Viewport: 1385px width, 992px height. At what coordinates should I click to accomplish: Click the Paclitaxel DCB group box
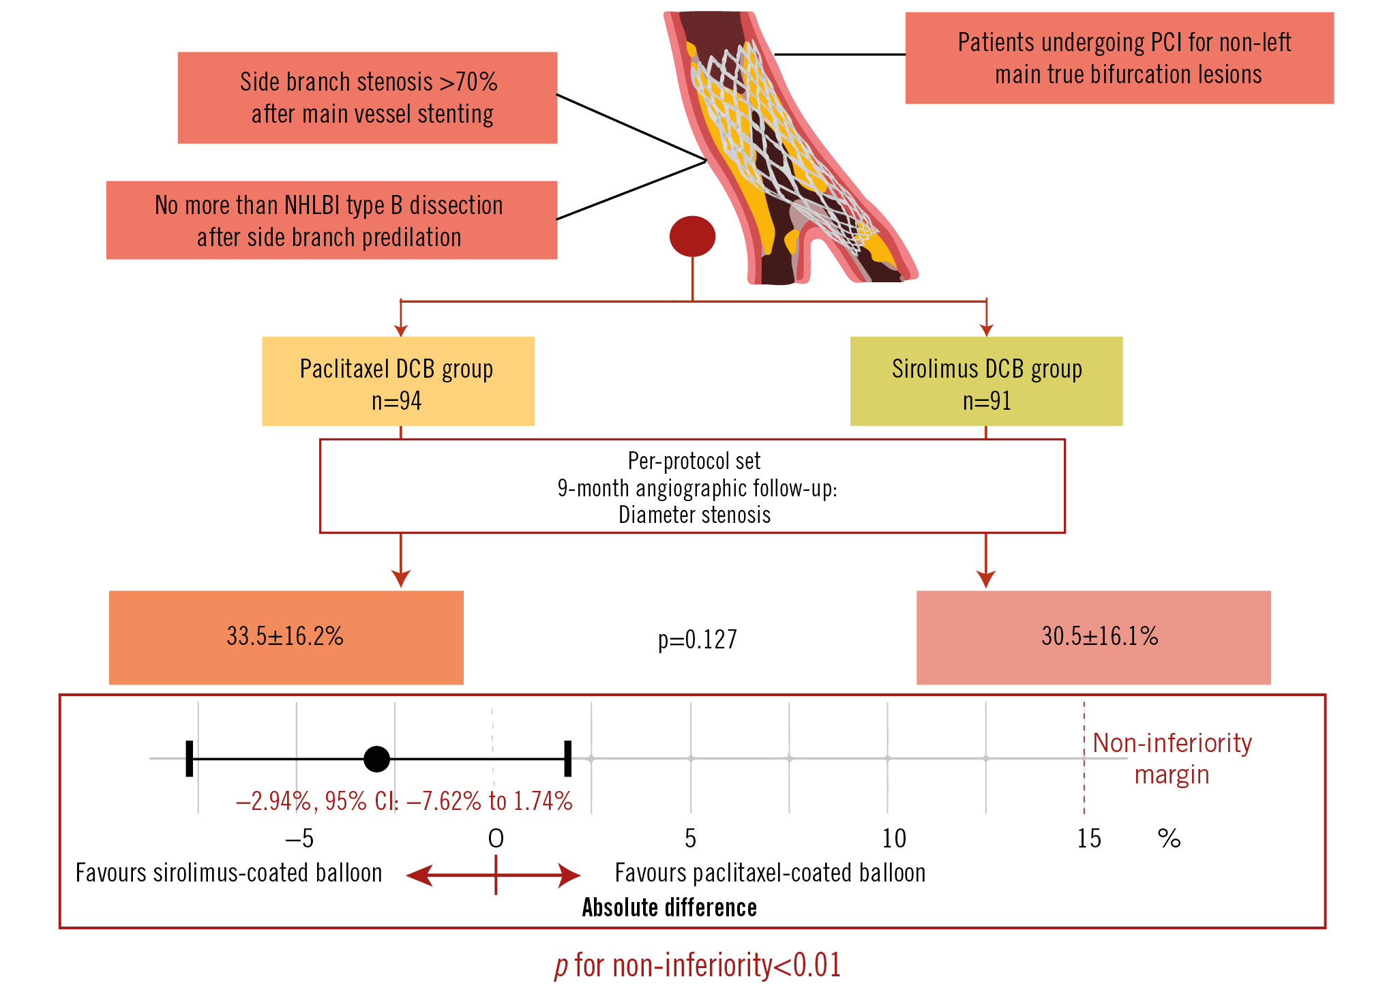point(398,381)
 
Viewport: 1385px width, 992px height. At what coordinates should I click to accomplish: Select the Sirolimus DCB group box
point(986,381)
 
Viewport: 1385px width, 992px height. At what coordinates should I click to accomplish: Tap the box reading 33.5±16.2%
point(286,637)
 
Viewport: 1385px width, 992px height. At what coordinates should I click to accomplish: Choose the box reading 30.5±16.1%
point(1093,637)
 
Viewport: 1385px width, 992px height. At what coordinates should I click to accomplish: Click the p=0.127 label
point(697,640)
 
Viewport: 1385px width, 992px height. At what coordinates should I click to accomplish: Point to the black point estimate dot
point(376,758)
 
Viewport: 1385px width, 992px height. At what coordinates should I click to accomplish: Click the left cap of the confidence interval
point(190,758)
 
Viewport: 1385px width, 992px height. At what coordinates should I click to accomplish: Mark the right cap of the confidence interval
point(567,758)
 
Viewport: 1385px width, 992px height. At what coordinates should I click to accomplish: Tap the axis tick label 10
point(894,839)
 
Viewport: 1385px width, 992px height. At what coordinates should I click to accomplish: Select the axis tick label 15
point(1088,839)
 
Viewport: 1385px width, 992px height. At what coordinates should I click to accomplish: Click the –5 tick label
point(299,839)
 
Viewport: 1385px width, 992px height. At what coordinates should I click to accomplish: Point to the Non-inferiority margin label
point(1172,758)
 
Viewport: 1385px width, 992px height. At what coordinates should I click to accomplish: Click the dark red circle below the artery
point(692,236)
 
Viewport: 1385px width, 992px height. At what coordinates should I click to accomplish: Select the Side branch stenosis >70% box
point(368,97)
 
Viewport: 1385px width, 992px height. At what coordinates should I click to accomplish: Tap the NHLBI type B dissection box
point(331,220)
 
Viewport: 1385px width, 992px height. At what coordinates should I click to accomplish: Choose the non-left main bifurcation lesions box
point(1119,58)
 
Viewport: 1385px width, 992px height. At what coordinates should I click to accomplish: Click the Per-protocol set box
point(692,486)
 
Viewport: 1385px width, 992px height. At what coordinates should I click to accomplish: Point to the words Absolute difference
point(669,907)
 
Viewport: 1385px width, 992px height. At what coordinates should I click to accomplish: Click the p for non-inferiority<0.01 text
point(697,965)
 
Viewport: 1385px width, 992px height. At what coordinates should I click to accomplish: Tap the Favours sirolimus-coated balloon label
point(228,873)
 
